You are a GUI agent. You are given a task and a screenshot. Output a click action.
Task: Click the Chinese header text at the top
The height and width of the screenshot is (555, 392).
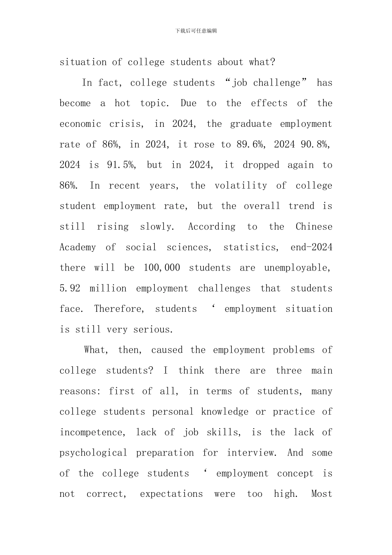point(196,31)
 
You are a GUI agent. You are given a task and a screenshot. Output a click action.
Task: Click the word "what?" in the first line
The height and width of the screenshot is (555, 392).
point(262,62)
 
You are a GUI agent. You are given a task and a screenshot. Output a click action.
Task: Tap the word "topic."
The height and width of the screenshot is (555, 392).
point(155,104)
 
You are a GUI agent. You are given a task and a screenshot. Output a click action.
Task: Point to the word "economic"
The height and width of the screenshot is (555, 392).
point(80,124)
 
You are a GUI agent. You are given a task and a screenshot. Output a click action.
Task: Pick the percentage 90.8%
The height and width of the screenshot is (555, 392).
point(316,145)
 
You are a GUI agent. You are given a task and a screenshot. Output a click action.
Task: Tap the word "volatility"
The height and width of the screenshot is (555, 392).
point(241,186)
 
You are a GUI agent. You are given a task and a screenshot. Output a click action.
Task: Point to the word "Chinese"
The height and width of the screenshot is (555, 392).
point(314,227)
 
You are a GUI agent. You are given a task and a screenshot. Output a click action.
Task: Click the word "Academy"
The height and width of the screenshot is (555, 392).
point(78,247)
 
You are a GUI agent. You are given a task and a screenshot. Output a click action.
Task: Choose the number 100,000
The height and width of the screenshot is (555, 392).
point(162,268)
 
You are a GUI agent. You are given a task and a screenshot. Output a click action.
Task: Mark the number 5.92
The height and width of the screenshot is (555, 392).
point(70,288)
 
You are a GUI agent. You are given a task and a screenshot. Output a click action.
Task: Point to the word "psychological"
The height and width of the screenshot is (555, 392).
point(93,453)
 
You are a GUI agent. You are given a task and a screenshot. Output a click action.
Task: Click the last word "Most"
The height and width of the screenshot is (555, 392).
point(321,494)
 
